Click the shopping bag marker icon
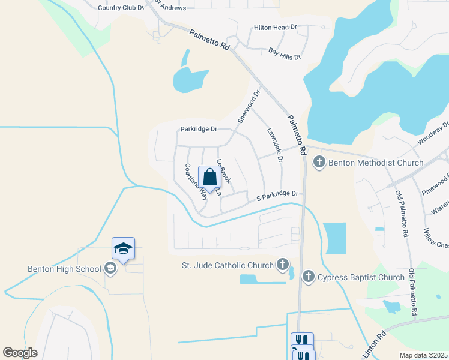209,178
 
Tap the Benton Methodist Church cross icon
319,162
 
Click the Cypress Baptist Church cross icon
308,277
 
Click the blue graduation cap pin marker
123,249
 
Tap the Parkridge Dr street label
198,129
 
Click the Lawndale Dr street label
274,146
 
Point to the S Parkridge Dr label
277,194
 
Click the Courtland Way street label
196,181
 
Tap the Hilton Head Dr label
276,28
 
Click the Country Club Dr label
121,8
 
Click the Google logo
20,352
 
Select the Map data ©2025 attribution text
423,355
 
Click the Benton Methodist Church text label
376,163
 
